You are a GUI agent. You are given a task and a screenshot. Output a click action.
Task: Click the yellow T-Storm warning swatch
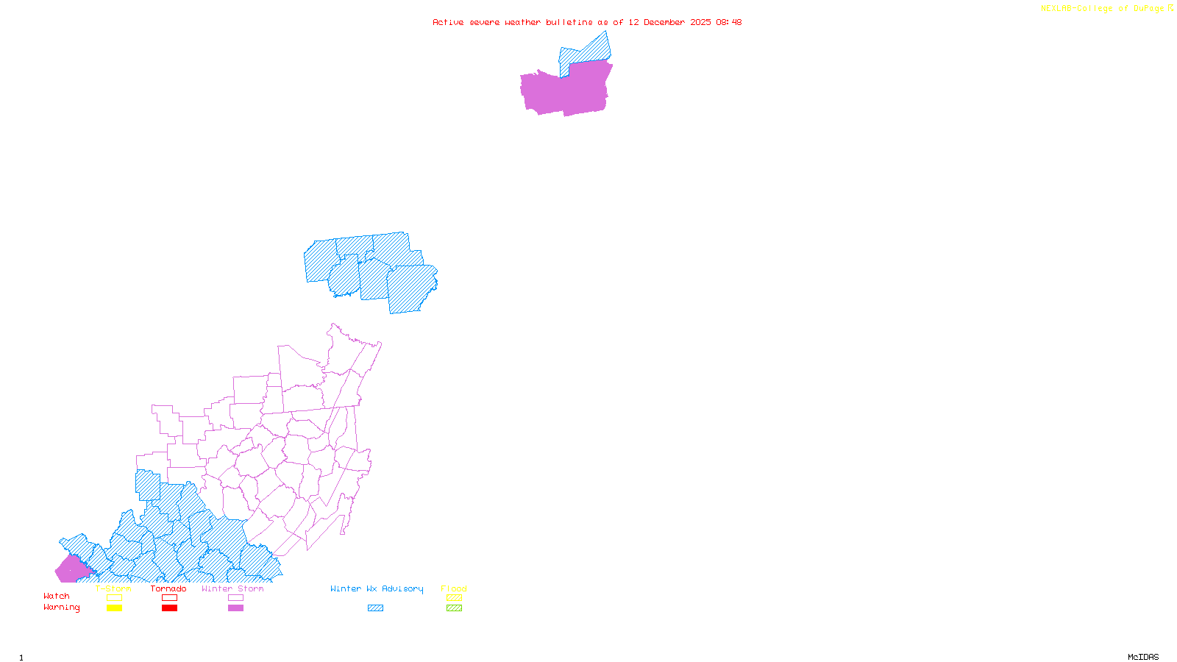pyautogui.click(x=114, y=608)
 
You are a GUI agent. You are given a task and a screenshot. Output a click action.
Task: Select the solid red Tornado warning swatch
pyautogui.click(x=170, y=608)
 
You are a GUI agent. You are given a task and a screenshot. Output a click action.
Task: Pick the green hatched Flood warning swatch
pyautogui.click(x=455, y=608)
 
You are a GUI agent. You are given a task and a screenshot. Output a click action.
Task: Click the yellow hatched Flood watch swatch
pyautogui.click(x=455, y=598)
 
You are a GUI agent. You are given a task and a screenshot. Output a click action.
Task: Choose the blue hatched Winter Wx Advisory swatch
pyautogui.click(x=375, y=608)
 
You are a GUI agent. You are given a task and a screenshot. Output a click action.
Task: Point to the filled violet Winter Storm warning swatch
pyautogui.click(x=235, y=608)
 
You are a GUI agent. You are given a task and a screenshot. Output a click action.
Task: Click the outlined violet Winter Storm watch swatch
pyautogui.click(x=235, y=598)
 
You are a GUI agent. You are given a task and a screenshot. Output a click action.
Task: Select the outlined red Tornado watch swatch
pyautogui.click(x=170, y=598)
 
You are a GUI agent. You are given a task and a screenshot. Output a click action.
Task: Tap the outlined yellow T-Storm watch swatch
pyautogui.click(x=114, y=598)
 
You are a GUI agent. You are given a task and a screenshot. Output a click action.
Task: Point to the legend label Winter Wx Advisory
pyautogui.click(x=377, y=588)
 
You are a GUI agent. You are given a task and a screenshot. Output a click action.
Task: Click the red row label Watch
pyautogui.click(x=57, y=597)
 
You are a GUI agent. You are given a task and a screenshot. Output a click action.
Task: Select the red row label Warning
pyautogui.click(x=62, y=608)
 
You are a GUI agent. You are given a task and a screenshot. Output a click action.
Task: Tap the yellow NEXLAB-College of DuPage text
pyautogui.click(x=1103, y=9)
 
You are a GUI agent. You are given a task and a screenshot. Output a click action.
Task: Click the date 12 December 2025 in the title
pyautogui.click(x=669, y=22)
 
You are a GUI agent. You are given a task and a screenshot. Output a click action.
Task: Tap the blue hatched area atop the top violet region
pyautogui.click(x=586, y=51)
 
